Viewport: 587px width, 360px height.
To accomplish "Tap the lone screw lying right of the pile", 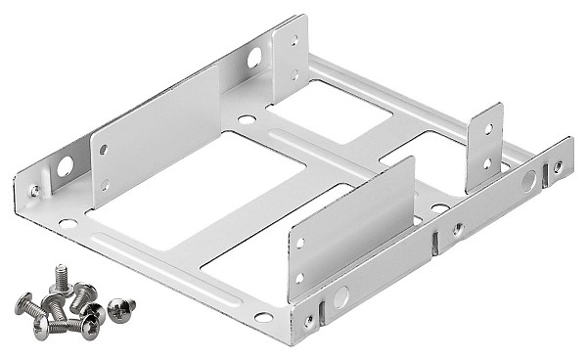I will point(121,309).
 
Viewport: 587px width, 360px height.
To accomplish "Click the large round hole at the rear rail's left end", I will point(65,167).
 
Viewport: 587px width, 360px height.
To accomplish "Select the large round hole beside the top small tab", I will point(254,58).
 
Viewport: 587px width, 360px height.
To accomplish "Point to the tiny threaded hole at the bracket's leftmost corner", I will point(35,190).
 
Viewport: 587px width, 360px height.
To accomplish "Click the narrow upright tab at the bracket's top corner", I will point(291,59).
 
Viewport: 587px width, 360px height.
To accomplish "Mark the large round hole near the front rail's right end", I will point(528,180).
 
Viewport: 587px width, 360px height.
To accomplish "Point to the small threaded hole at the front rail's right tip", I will point(558,166).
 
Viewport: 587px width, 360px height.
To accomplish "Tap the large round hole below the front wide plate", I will point(340,297).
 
